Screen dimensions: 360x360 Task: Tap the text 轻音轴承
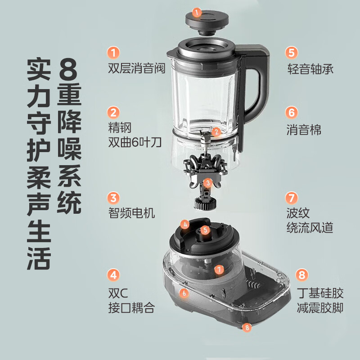310,69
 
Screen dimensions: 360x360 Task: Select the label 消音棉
304,130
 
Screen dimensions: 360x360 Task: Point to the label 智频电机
131,213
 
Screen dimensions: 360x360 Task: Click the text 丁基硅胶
320,293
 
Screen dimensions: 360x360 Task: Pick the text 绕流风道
310,227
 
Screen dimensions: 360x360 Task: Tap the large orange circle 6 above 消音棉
292,112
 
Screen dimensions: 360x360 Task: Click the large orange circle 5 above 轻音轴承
292,52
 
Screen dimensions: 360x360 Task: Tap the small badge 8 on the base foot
246,328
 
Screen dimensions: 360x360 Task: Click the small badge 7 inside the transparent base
219,270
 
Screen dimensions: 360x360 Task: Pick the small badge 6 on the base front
184,293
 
